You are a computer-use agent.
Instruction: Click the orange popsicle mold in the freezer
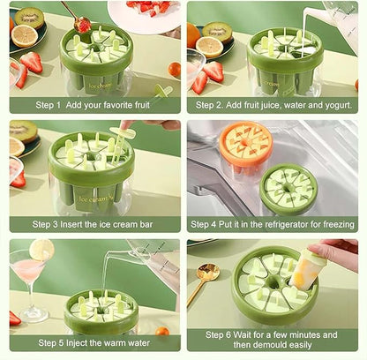click(x=246, y=148)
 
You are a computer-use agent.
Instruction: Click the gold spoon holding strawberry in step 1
click(x=77, y=19)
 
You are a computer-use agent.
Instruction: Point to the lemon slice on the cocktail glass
click(x=41, y=250)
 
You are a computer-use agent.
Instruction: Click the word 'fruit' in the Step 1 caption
click(x=142, y=105)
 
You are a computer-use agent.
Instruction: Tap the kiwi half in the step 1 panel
click(x=29, y=18)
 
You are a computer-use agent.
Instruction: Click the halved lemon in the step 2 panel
click(x=209, y=47)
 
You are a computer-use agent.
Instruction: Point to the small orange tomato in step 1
click(x=174, y=70)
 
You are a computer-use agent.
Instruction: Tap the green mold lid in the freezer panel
click(x=287, y=189)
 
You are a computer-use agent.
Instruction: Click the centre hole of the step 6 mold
click(x=275, y=283)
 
